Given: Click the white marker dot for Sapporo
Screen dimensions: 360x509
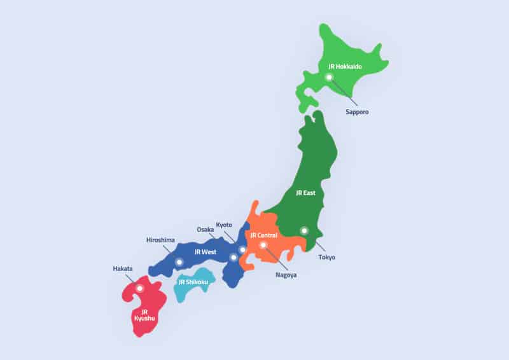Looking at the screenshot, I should coord(329,77).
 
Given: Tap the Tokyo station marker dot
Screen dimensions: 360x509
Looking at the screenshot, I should coord(304,230).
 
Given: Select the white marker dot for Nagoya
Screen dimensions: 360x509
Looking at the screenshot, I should coord(263,245).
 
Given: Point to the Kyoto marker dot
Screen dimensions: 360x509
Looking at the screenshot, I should coord(242,249).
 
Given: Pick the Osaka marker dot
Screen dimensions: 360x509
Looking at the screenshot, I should coord(234,257).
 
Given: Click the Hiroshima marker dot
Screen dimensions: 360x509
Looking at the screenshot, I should coord(179,261).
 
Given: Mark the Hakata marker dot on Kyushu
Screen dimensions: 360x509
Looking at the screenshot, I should coord(140,288).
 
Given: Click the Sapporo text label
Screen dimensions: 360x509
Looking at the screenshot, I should coord(357,111).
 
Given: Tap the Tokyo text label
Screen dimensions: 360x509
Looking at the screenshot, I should coord(326,258).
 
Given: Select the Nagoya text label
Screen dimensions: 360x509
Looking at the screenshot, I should coord(286,275).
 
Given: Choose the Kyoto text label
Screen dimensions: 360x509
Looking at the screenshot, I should coord(224,225).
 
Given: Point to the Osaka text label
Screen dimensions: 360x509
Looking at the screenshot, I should coord(206,230).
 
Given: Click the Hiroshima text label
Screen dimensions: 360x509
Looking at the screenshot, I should coord(160,240).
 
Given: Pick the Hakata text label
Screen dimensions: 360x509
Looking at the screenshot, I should coord(123,268).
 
